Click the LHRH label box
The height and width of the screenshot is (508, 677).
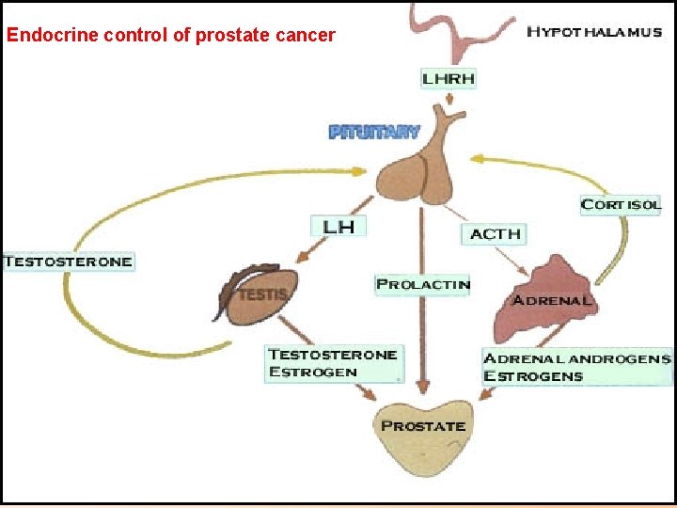pos(448,78)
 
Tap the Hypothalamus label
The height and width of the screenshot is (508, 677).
pos(593,31)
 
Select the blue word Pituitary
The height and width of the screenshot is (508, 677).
pos(374,133)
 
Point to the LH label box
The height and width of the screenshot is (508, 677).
pos(338,226)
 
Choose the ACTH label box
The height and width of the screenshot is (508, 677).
pos(495,233)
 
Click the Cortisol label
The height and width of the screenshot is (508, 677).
pos(621,204)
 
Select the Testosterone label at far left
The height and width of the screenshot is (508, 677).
pos(68,261)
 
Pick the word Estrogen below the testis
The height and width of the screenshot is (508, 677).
pos(313,372)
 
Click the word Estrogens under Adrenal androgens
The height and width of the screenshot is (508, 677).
pos(533,376)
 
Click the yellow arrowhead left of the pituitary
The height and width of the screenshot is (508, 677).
pos(361,171)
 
